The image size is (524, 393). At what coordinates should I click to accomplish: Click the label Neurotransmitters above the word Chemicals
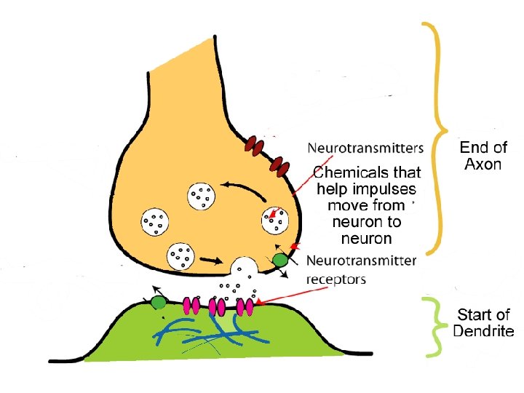(365, 148)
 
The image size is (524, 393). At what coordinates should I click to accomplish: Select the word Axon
(483, 164)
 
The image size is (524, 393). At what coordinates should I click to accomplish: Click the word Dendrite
(483, 332)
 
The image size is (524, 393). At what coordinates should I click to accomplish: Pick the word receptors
(336, 279)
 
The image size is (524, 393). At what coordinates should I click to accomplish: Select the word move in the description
(348, 205)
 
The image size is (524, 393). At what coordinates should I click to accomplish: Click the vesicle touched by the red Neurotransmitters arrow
(276, 221)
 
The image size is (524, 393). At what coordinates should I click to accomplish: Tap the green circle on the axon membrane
(279, 260)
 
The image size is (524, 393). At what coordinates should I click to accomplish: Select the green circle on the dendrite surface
(158, 302)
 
